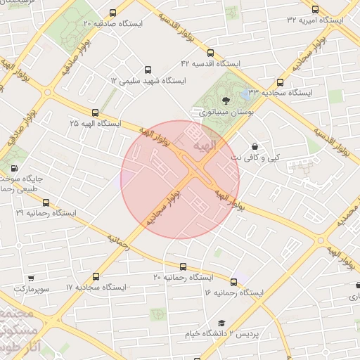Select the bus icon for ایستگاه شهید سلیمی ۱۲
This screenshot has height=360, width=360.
147,70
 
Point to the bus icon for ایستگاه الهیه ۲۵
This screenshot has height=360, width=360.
95,112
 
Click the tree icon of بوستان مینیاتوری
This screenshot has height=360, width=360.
226,100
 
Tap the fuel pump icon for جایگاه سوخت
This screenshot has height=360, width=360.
14,169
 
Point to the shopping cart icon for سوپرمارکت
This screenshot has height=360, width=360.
31,278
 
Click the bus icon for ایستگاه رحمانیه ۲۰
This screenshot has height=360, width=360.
184,266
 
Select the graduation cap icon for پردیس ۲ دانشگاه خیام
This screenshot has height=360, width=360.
221,323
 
